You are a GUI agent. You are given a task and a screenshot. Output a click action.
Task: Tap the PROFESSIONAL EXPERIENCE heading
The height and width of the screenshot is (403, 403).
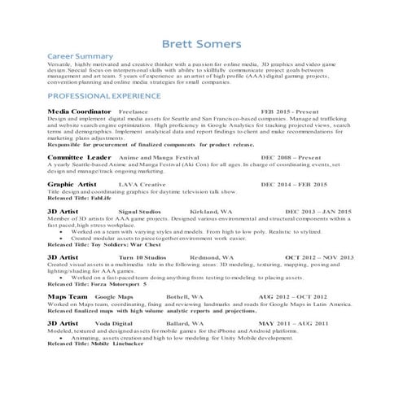point(107,95)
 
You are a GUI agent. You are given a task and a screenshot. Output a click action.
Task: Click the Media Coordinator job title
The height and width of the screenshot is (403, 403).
point(79,110)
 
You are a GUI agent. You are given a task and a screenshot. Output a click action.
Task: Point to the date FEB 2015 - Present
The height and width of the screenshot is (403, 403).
point(291,110)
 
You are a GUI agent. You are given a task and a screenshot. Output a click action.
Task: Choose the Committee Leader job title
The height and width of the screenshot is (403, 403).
point(79,156)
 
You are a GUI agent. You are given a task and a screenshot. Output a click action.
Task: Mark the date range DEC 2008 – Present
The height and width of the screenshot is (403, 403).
point(291,156)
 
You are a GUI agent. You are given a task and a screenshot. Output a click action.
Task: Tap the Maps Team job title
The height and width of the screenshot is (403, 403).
point(68,297)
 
